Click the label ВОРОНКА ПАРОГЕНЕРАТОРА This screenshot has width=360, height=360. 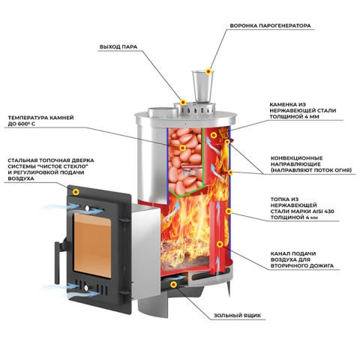(x=270, y=25)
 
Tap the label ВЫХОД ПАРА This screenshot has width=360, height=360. (x=118, y=47)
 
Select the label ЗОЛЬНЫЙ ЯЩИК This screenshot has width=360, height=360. (x=237, y=316)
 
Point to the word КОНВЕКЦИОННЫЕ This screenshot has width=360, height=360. (x=297, y=158)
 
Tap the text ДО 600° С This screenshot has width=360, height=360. (x=22, y=124)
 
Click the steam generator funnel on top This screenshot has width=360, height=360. (x=202, y=86)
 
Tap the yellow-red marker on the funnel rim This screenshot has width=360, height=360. (x=208, y=71)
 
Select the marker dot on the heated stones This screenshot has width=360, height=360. (x=182, y=148)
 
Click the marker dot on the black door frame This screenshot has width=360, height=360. (x=76, y=192)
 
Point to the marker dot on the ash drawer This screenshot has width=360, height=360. (x=173, y=284)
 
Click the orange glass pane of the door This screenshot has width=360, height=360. (x=92, y=245)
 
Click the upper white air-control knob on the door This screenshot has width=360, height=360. (x=87, y=208)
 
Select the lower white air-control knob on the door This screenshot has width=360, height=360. (x=86, y=288)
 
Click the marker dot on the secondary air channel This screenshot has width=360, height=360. (x=220, y=244)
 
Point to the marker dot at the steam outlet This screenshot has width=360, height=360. (x=183, y=102)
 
